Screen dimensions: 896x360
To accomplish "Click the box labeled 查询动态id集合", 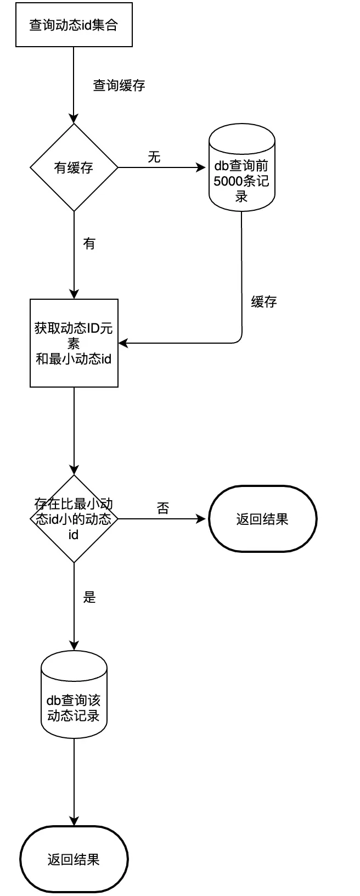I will [x=74, y=25].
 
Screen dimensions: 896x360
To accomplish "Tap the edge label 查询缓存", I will [x=119, y=86].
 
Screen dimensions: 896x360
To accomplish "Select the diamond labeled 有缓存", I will [x=74, y=167].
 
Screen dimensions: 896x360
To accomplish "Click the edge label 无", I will [x=154, y=158].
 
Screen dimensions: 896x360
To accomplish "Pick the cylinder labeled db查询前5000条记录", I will [x=241, y=167].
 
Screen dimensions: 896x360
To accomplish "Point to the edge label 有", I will [x=89, y=243].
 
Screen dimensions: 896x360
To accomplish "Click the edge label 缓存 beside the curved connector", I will [x=264, y=301].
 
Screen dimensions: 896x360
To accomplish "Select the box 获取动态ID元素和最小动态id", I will [x=74, y=343].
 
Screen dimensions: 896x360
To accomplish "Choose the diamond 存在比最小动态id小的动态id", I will [x=74, y=519].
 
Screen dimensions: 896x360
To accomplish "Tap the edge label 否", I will [x=163, y=508].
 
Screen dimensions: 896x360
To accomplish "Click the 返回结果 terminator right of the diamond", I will [x=262, y=519].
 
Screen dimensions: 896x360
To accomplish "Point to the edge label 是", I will [x=89, y=597].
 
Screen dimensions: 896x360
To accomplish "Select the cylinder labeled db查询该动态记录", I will [x=74, y=695].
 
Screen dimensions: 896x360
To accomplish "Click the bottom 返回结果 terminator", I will [x=74, y=859].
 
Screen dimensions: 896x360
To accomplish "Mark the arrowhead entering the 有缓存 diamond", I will [x=74, y=119].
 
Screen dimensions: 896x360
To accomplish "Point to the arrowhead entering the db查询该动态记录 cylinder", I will [x=74, y=646].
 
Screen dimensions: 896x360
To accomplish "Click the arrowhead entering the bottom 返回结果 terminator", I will [x=74, y=821].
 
